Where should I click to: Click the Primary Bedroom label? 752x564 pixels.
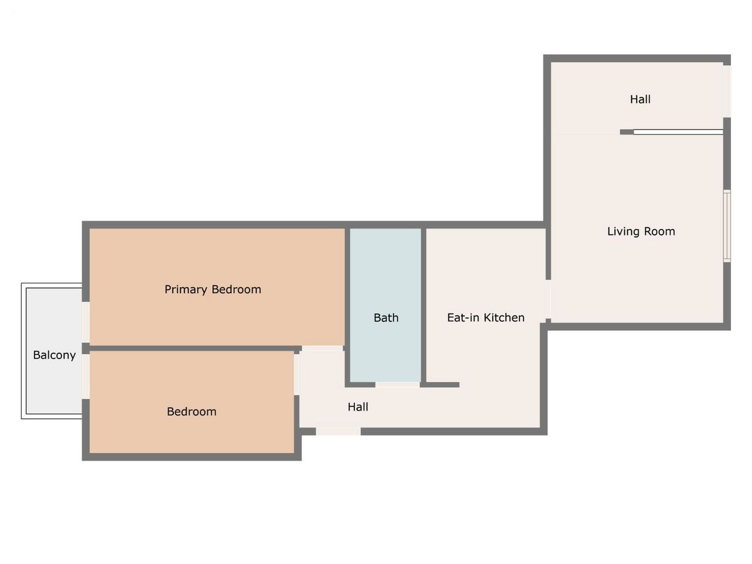pyautogui.click(x=213, y=290)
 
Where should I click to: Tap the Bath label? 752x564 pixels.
pyautogui.click(x=386, y=318)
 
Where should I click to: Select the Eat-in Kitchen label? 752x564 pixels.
pyautogui.click(x=485, y=318)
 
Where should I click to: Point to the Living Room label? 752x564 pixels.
pyautogui.click(x=640, y=231)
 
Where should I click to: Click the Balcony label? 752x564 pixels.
pyautogui.click(x=54, y=355)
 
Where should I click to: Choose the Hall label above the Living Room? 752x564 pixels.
pyautogui.click(x=640, y=99)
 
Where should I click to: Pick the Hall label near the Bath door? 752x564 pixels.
pyautogui.click(x=358, y=407)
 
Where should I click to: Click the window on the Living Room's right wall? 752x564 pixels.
pyautogui.click(x=727, y=226)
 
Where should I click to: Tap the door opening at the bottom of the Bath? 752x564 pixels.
pyautogui.click(x=397, y=385)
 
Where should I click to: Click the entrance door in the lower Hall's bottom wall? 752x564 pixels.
pyautogui.click(x=338, y=431)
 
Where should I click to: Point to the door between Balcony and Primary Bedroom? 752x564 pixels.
pyautogui.click(x=86, y=322)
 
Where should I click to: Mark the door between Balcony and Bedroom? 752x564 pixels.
pyautogui.click(x=86, y=377)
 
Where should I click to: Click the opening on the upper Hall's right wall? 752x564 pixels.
pyautogui.click(x=727, y=92)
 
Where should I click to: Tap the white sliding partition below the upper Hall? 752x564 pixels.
pyautogui.click(x=678, y=132)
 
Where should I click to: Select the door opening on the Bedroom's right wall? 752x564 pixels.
pyautogui.click(x=297, y=375)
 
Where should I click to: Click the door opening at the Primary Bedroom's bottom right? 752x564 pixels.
pyautogui.click(x=323, y=348)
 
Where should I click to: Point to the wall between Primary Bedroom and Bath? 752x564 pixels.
pyautogui.click(x=347, y=305)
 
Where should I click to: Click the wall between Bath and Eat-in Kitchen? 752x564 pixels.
pyautogui.click(x=424, y=305)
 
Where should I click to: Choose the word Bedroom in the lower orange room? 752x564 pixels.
pyautogui.click(x=192, y=412)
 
